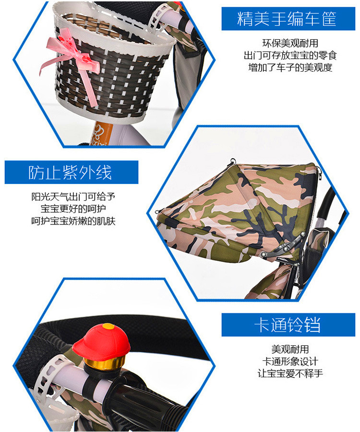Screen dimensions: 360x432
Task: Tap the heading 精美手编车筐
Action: (x=287, y=19)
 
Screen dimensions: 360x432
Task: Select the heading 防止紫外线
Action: (x=70, y=173)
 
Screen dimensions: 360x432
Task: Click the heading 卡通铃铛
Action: (x=288, y=325)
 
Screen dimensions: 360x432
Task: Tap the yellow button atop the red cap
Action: (x=108, y=326)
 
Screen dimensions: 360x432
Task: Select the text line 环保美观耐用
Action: (x=290, y=43)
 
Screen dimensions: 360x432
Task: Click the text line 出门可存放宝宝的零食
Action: (x=290, y=55)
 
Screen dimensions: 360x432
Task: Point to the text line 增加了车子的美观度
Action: (x=290, y=67)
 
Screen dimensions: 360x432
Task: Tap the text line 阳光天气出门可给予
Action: (x=73, y=197)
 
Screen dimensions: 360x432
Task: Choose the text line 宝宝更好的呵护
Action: (x=73, y=209)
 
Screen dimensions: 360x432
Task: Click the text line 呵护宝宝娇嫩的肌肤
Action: (x=73, y=221)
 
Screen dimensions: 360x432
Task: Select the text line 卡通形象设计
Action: (x=290, y=361)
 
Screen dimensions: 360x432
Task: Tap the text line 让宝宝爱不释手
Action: (x=290, y=373)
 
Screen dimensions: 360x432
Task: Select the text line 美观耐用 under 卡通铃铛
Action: (x=290, y=349)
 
